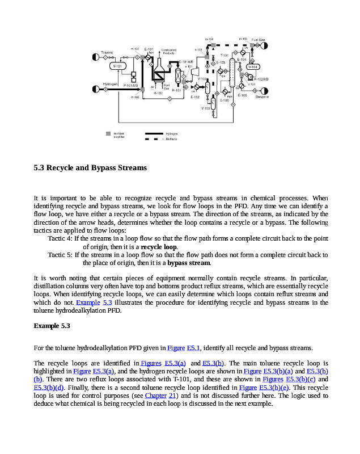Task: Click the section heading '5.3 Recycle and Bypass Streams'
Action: point(90,168)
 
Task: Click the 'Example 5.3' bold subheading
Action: point(52,326)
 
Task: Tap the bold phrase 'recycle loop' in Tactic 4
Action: point(159,247)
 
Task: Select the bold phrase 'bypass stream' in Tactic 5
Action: point(189,263)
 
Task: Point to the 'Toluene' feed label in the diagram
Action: point(107,53)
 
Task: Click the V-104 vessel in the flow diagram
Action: point(253,66)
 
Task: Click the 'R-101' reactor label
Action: point(176,90)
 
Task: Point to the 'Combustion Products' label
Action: point(169,51)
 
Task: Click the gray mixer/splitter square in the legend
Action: point(108,133)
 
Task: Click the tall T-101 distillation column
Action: point(231,76)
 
